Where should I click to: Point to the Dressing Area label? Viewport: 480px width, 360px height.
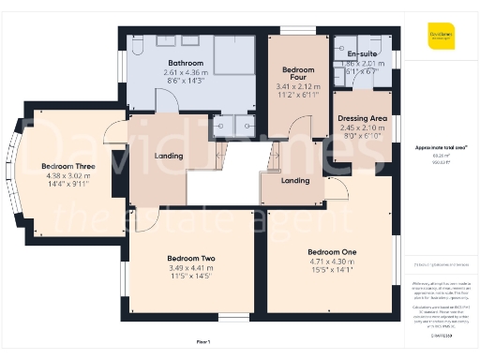pyautogui.click(x=362, y=118)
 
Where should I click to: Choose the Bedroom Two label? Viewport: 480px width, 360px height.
pyautogui.click(x=191, y=258)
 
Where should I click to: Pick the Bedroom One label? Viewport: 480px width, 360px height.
pyautogui.click(x=332, y=251)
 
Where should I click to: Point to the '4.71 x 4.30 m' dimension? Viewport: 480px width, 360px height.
pyautogui.click(x=332, y=262)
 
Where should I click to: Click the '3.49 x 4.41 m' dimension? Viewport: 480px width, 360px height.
pyautogui.click(x=191, y=268)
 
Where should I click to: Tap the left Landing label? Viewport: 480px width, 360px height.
pyautogui.click(x=169, y=156)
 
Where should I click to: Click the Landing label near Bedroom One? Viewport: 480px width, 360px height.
pyautogui.click(x=295, y=180)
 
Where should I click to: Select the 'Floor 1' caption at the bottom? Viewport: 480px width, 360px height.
pyautogui.click(x=203, y=342)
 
